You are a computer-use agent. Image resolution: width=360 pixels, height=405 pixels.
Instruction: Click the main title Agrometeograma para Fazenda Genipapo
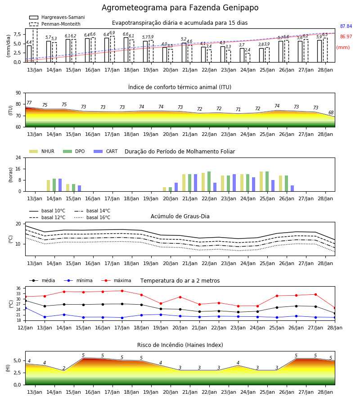[x=180, y=8]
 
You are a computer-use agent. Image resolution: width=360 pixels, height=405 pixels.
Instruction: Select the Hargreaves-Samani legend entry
[x=57, y=17]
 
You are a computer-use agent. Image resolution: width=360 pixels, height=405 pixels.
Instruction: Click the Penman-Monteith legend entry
[x=55, y=24]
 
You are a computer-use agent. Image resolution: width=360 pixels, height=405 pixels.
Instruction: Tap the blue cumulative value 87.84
[x=346, y=27]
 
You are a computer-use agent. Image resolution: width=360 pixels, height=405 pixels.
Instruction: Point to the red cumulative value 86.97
[x=346, y=37]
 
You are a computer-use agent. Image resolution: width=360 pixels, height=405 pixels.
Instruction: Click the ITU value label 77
[x=29, y=103]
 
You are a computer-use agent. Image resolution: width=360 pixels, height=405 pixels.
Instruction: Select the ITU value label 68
[x=331, y=112]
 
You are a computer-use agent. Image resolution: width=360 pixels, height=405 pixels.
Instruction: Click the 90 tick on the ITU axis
[x=18, y=93]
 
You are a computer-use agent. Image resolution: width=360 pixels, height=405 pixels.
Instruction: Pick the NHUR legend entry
[x=42, y=151]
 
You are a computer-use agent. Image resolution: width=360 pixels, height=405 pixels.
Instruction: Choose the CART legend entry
[x=106, y=151]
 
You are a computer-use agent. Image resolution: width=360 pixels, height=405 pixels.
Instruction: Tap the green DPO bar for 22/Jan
[x=209, y=181]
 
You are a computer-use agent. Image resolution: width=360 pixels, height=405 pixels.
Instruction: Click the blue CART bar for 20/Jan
[x=176, y=187]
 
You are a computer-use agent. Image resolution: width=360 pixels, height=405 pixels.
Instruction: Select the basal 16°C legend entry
[x=92, y=217]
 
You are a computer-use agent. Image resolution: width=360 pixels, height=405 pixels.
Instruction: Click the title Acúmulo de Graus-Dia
[x=180, y=216]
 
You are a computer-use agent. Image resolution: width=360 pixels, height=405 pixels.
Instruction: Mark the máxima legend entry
[x=116, y=280]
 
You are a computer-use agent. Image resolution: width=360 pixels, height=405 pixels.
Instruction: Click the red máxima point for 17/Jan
[x=122, y=291]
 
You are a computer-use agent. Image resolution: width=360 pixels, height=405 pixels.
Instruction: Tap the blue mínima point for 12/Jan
[x=25, y=308]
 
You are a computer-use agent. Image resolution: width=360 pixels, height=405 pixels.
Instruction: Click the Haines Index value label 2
[x=64, y=368]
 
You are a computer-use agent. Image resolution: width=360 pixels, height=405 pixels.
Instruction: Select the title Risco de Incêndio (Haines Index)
[x=180, y=345]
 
